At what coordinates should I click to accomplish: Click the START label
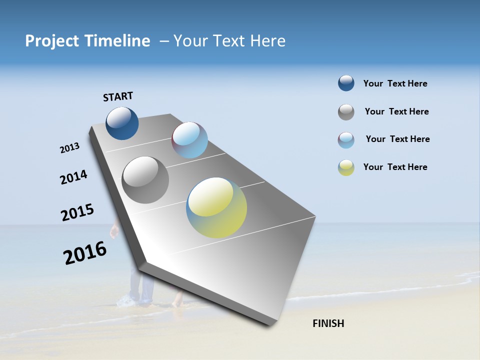click(118, 96)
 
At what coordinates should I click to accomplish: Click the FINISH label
click(328, 323)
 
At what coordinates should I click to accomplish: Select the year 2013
click(69, 148)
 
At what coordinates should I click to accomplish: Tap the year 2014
click(73, 177)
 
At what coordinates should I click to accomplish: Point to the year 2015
click(77, 212)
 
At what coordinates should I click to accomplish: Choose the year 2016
click(85, 253)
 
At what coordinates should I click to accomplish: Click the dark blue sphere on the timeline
click(122, 123)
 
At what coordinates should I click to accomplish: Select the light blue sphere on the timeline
click(189, 140)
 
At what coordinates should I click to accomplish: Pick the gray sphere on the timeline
click(145, 180)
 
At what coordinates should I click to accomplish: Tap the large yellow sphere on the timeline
click(216, 207)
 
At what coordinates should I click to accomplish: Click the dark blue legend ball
click(346, 83)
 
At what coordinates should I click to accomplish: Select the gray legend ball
click(346, 112)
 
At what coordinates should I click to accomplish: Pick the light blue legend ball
click(346, 140)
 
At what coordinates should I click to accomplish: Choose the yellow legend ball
click(346, 167)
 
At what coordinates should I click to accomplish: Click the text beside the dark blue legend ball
click(395, 83)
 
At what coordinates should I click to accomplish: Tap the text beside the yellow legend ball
click(395, 167)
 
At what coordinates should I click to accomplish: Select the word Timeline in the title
click(117, 41)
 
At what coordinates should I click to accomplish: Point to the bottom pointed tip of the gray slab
click(270, 325)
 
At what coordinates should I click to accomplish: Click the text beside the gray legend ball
click(396, 111)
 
